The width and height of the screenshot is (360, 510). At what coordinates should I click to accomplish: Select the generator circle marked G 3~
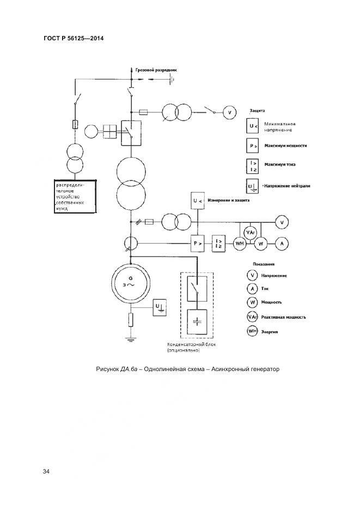click(130, 281)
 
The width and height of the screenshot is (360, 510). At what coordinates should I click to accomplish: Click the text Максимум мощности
click(285, 146)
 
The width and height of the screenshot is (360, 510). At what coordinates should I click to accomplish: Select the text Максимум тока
click(280, 164)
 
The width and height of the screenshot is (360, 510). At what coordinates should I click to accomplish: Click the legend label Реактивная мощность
click(284, 317)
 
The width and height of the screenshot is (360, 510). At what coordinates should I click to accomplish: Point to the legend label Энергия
click(270, 331)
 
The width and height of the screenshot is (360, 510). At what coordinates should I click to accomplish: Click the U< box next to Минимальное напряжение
click(253, 127)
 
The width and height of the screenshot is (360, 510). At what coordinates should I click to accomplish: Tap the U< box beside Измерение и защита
click(198, 202)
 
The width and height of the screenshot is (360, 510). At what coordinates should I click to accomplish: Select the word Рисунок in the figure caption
click(107, 369)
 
